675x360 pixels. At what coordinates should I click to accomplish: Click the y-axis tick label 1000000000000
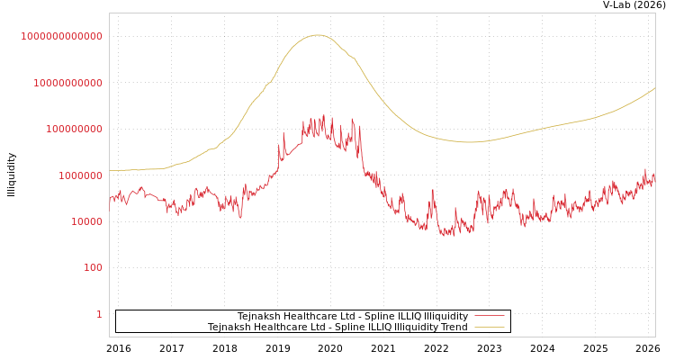tap(62, 36)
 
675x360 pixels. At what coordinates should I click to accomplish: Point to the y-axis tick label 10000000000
tap(67, 83)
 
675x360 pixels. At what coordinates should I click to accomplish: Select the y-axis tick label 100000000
tap(73, 129)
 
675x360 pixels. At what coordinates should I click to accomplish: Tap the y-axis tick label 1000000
tap(79, 175)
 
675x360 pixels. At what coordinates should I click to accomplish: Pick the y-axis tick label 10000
tap(85, 221)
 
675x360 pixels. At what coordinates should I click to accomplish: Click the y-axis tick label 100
tap(93, 267)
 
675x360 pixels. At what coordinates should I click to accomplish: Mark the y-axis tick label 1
tap(99, 314)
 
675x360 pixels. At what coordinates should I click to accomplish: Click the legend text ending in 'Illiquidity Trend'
tap(337, 328)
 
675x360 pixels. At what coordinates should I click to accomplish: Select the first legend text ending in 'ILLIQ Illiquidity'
tap(353, 317)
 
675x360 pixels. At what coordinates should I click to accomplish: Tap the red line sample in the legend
tap(489, 317)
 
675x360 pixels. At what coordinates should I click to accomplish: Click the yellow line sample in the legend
tap(489, 328)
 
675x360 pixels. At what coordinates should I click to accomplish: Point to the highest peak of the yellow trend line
tap(317, 35)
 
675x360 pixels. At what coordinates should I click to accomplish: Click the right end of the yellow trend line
tap(654, 88)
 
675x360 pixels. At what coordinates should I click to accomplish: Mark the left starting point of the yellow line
tap(111, 170)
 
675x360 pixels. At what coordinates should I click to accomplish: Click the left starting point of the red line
tap(111, 199)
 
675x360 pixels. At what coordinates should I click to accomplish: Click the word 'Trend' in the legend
tap(454, 328)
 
